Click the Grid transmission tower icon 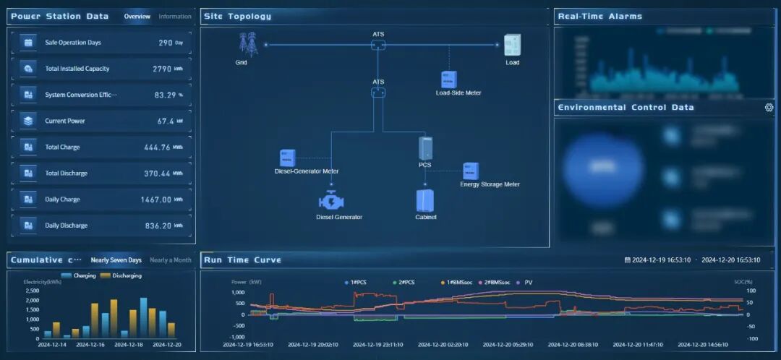click(x=249, y=45)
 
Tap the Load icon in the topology click(x=512, y=45)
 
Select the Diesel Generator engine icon click(x=333, y=201)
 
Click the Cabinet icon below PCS click(x=424, y=200)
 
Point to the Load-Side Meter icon click(x=449, y=79)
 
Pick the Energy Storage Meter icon click(x=471, y=171)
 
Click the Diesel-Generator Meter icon click(x=287, y=158)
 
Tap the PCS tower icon click(x=425, y=148)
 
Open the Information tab click(x=175, y=17)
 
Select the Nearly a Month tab click(x=171, y=260)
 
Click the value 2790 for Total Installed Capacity click(x=162, y=69)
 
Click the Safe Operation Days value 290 click(x=166, y=43)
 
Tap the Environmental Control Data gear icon click(x=769, y=108)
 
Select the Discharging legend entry click(x=121, y=275)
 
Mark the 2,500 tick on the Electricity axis click(x=33, y=291)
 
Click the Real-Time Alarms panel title click(x=599, y=17)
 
